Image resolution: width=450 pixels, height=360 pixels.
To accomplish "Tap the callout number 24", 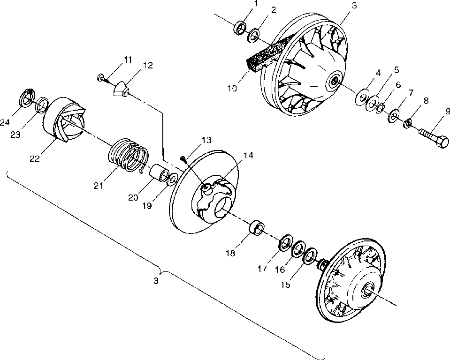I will (x=5, y=122).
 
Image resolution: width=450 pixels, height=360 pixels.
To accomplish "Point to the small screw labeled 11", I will (x=102, y=76).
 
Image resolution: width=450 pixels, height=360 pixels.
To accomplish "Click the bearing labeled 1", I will (x=240, y=27).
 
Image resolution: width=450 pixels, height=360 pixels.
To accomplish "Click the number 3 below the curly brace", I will (x=156, y=280).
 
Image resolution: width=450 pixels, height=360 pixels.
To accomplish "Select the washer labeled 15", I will (x=308, y=256).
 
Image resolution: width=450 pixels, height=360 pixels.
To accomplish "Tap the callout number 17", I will (x=262, y=269).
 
